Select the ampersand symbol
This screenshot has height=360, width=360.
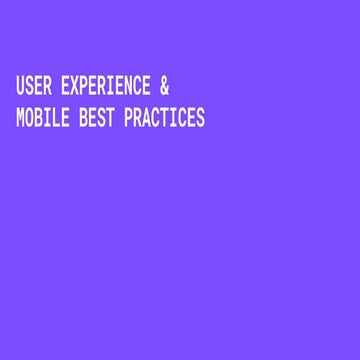164,87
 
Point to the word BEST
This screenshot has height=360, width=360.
96,118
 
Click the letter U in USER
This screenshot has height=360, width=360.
20,87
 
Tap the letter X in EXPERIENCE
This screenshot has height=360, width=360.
76,87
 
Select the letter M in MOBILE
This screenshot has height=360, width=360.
20,118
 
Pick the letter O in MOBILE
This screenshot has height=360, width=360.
30,118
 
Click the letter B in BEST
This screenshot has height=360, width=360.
83,118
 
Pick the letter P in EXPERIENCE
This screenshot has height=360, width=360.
85,87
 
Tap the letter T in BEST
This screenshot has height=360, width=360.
110,118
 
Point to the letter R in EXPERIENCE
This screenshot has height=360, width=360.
102,87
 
